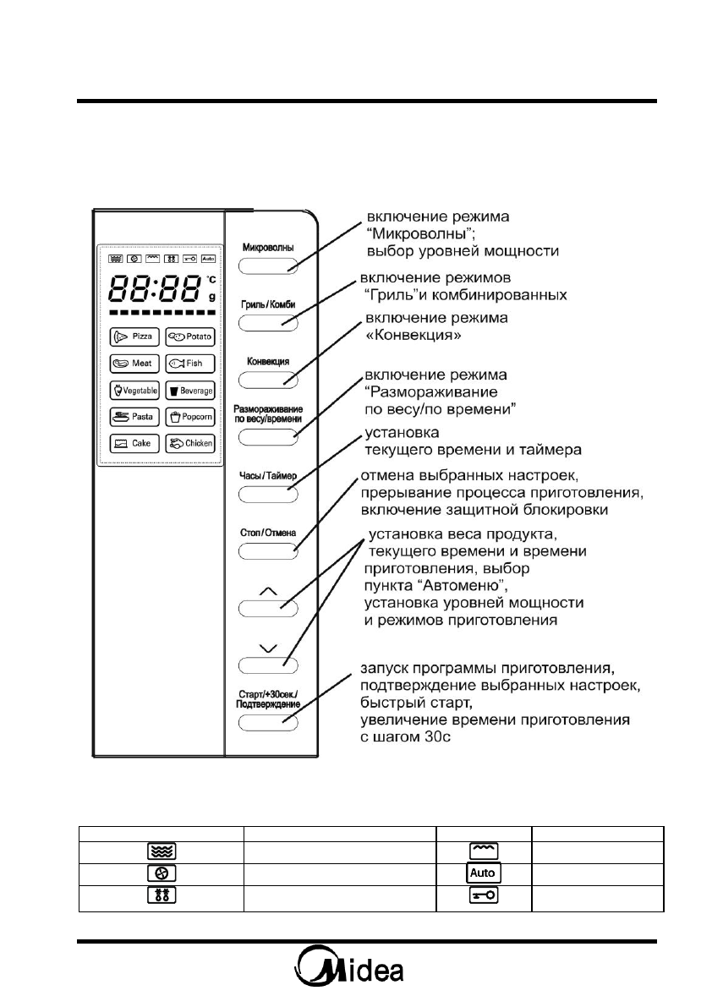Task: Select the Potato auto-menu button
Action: point(189,337)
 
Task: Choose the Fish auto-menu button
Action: point(189,364)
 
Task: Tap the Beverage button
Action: point(189,391)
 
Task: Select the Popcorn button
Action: point(189,417)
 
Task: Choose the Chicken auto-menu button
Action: point(189,443)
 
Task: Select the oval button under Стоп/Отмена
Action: point(268,551)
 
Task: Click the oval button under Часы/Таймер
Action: point(268,494)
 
